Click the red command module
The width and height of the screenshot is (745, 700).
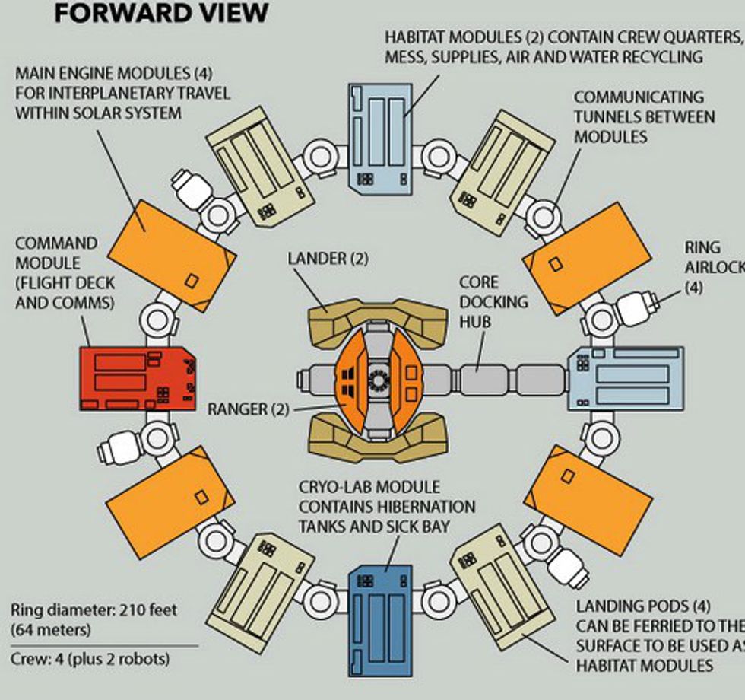tap(138, 378)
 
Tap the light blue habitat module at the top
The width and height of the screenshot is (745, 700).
tap(380, 135)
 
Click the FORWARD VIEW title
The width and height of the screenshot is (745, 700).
tap(160, 13)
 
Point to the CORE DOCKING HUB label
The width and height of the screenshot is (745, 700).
tap(494, 301)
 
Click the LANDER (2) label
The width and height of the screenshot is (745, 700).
tap(328, 259)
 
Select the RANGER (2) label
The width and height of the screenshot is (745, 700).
tap(248, 409)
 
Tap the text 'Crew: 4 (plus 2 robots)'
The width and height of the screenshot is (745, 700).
tap(90, 658)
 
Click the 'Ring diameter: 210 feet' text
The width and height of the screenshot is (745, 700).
tap(85, 610)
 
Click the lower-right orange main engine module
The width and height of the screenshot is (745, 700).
tap(588, 498)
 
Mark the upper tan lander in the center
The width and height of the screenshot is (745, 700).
tap(376, 317)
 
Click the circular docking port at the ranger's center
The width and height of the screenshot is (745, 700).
tap(378, 378)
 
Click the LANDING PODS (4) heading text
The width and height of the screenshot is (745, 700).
tap(643, 606)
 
